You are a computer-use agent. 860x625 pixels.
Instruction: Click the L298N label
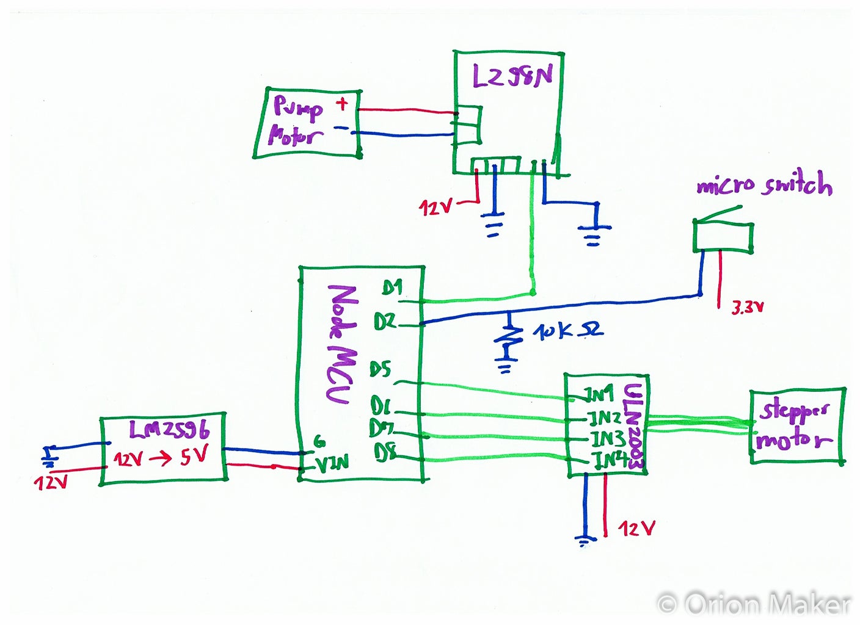pyautogui.click(x=512, y=76)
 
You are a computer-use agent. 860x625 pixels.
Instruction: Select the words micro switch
pyautogui.click(x=764, y=184)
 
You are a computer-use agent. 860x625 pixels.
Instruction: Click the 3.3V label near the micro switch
pyautogui.click(x=748, y=308)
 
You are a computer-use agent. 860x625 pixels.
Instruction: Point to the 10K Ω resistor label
pyautogui.click(x=567, y=331)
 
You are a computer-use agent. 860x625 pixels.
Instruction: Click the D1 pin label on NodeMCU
pyautogui.click(x=392, y=287)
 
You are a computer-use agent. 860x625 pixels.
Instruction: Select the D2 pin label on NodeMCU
pyautogui.click(x=385, y=322)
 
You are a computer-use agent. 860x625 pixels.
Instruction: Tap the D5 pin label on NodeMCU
pyautogui.click(x=380, y=369)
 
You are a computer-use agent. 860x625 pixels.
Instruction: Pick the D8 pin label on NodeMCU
pyautogui.click(x=385, y=453)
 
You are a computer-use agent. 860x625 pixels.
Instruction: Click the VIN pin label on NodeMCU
pyautogui.click(x=332, y=463)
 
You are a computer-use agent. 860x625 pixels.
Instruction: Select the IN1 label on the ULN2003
pyautogui.click(x=599, y=395)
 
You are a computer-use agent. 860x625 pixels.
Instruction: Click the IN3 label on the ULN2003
pyautogui.click(x=607, y=438)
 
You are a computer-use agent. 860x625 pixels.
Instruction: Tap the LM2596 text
pyautogui.click(x=169, y=430)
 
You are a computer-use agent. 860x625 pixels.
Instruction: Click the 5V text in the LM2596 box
pyautogui.click(x=194, y=456)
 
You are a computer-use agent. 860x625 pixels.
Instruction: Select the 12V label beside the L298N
pyautogui.click(x=435, y=208)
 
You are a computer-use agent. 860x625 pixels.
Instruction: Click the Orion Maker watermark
pyautogui.click(x=755, y=604)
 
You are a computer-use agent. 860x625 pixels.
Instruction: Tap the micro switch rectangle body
pyautogui.click(x=723, y=237)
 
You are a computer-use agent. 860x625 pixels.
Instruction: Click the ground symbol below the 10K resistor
pyautogui.click(x=505, y=368)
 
